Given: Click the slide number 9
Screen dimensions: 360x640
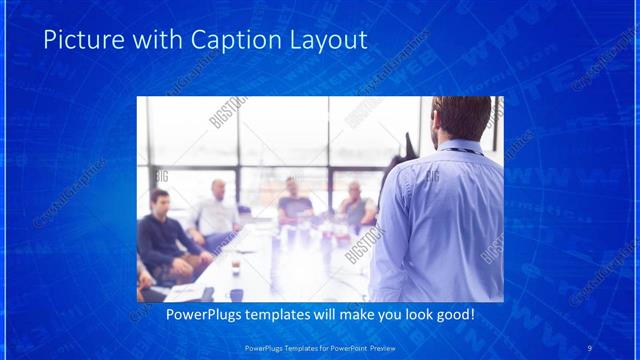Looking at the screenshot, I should pyautogui.click(x=589, y=347).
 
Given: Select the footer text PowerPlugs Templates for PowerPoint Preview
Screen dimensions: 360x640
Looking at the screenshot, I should pyautogui.click(x=319, y=347).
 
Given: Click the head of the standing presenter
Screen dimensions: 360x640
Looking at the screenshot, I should pyautogui.click(x=461, y=119).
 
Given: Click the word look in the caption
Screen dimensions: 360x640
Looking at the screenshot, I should pyautogui.click(x=412, y=314).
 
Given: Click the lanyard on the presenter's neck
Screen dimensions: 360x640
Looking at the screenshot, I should pyautogui.click(x=460, y=151).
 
